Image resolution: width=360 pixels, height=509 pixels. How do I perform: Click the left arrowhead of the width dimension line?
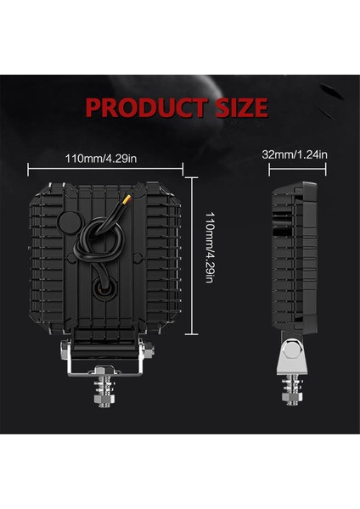[x=31, y=167]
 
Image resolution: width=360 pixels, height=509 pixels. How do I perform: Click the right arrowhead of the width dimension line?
[x=183, y=167]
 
